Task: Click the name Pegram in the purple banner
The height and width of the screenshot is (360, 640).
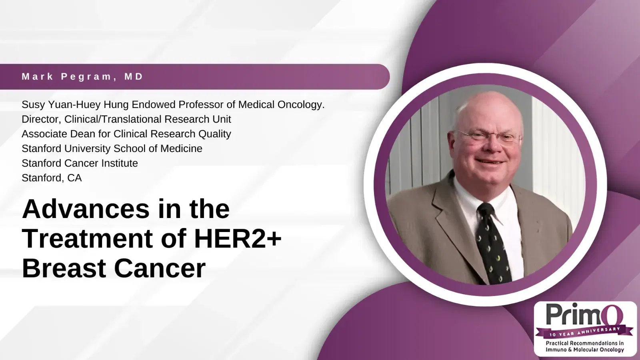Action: coord(86,76)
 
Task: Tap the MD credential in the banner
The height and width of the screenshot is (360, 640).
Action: coord(134,76)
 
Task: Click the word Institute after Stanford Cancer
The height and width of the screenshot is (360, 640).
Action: coord(120,163)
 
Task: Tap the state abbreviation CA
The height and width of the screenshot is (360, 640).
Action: coord(74,178)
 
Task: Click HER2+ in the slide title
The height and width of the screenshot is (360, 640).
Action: coord(238,238)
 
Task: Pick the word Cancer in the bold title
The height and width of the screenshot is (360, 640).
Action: coord(160,268)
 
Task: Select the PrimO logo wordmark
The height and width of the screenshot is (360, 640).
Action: coord(584,315)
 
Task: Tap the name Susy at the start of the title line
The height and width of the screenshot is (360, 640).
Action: coord(33,105)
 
